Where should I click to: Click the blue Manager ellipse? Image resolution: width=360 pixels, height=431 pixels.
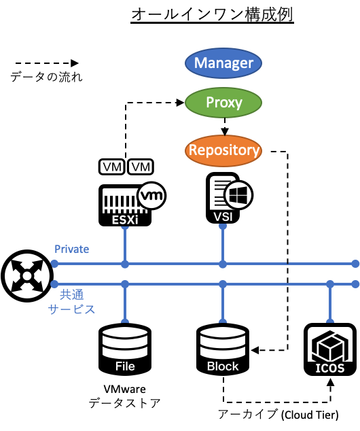[x=223, y=63]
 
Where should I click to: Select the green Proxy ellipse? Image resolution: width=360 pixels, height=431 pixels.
[x=223, y=103]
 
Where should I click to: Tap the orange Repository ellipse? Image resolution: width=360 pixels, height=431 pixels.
[x=223, y=150]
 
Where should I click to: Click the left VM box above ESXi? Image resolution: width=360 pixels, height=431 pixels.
[x=111, y=167]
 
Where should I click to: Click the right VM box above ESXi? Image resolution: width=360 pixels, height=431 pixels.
[x=141, y=167]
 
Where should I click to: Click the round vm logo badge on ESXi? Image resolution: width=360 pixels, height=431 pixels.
[x=151, y=196]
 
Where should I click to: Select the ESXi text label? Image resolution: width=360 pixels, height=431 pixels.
[x=124, y=220]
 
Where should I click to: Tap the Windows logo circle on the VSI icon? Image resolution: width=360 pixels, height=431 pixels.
[x=238, y=195]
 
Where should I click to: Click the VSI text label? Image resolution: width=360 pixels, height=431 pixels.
[x=223, y=217]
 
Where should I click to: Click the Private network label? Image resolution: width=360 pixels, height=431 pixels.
[x=71, y=249]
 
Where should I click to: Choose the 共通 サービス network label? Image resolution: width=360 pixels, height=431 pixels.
[x=71, y=302]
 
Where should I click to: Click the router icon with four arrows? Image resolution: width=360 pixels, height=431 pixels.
[x=27, y=275]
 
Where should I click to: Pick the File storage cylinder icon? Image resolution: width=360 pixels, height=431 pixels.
[x=124, y=343]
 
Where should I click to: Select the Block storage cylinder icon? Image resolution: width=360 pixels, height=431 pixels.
[x=223, y=343]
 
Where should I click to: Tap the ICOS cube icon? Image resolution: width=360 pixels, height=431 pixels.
[x=329, y=345]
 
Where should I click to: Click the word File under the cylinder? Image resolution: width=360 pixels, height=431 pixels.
[x=125, y=366]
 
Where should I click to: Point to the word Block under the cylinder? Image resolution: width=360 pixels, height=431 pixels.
[x=223, y=366]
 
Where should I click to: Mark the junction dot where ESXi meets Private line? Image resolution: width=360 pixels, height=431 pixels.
[x=124, y=263]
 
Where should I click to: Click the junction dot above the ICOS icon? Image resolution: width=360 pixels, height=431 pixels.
[x=329, y=283]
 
